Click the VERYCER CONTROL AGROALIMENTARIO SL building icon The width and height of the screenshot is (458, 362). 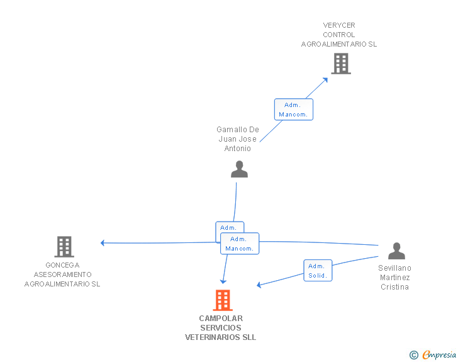click(x=341, y=64)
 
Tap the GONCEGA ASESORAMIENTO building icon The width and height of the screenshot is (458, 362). click(x=64, y=247)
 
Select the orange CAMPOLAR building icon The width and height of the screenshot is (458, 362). click(x=223, y=300)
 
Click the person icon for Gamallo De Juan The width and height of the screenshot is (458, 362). click(x=239, y=169)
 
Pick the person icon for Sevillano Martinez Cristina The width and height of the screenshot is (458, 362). click(x=396, y=251)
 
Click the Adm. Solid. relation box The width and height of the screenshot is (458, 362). click(x=318, y=271)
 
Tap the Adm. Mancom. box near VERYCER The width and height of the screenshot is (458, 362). click(x=294, y=110)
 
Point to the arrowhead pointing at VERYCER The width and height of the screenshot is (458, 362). click(x=325, y=79)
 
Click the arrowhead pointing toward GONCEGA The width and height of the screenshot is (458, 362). click(x=102, y=243)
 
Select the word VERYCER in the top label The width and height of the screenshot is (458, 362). click(x=339, y=25)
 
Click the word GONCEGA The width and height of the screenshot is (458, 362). click(x=62, y=265)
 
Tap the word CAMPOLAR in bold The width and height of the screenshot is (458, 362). click(x=221, y=319)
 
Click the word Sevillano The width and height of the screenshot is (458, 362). click(x=394, y=268)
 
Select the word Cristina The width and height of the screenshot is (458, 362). click(x=394, y=287)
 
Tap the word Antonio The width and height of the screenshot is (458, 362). click(x=237, y=149)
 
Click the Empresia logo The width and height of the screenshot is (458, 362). click(x=439, y=355)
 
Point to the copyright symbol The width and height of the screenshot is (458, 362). click(x=413, y=355)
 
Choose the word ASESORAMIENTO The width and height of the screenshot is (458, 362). click(x=62, y=274)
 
